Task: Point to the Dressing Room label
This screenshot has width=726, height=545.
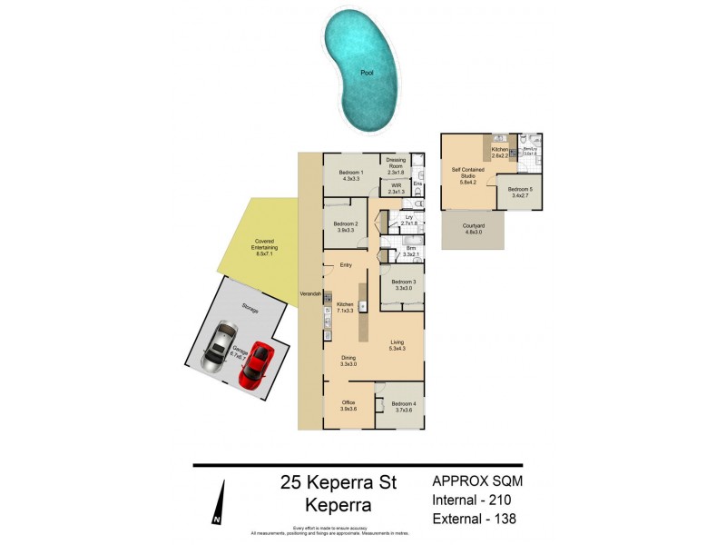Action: coord(395,161)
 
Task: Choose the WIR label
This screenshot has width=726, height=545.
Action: coord(396,185)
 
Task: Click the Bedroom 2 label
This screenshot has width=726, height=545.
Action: coord(345,224)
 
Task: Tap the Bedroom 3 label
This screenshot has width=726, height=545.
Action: coord(404,282)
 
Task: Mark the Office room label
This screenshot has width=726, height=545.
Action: coord(348,402)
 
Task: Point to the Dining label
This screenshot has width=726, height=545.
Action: coord(348,357)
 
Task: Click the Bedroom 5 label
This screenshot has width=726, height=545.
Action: coord(520,189)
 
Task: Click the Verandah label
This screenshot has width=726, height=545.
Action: coord(309,295)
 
